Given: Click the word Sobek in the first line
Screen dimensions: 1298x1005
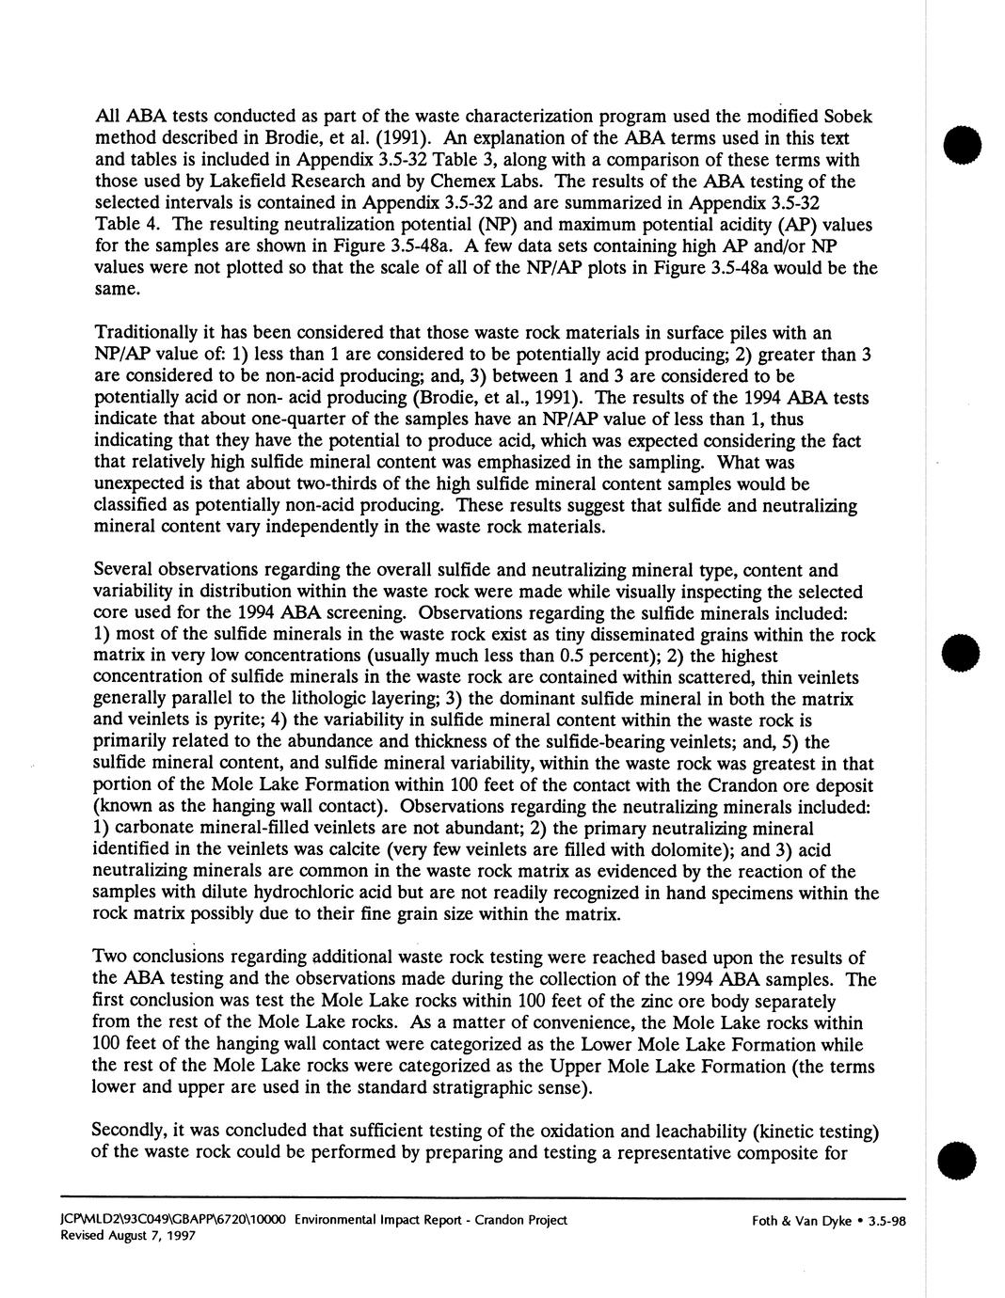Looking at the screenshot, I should point(846,117).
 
